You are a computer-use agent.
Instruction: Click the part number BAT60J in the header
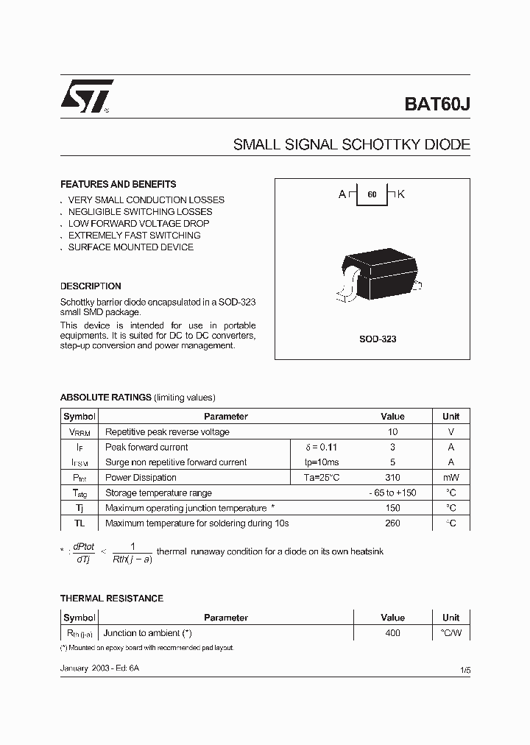(x=437, y=104)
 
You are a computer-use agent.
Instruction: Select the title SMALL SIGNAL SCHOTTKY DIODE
(x=351, y=145)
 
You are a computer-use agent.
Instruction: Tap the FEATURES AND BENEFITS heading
(x=118, y=184)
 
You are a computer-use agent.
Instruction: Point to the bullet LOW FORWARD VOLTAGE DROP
(x=138, y=223)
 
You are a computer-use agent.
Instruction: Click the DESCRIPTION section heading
(x=91, y=286)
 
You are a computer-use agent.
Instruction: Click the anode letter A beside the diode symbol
(x=342, y=194)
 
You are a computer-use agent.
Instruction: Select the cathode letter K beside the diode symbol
(x=401, y=194)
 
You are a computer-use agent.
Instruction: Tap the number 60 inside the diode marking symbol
(x=372, y=195)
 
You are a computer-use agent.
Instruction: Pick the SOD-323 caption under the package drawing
(x=378, y=339)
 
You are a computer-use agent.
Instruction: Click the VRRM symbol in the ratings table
(x=79, y=432)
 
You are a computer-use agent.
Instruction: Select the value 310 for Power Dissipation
(x=393, y=478)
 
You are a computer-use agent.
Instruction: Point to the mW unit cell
(x=451, y=478)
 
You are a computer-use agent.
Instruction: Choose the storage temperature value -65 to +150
(x=393, y=493)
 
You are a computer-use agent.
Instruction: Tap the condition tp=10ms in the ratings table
(x=322, y=462)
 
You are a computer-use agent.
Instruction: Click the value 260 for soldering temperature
(x=393, y=523)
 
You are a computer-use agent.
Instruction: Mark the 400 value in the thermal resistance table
(x=392, y=633)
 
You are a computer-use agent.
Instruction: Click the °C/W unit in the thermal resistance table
(x=451, y=633)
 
